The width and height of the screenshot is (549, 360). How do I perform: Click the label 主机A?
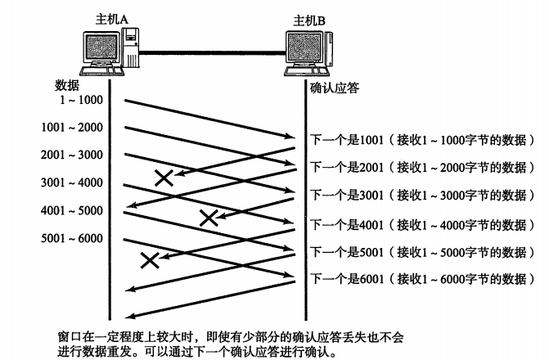point(112,20)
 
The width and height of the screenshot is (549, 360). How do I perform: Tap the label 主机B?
point(308,21)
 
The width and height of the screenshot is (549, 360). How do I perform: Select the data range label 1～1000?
point(81,100)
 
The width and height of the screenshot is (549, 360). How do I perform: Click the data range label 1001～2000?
point(72,127)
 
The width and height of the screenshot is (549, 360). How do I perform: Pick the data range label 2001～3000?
point(72,155)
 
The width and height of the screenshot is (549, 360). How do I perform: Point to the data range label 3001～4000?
point(72,182)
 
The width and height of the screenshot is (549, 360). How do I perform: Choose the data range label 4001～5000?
point(72,210)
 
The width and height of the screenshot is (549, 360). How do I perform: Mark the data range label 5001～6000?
point(72,238)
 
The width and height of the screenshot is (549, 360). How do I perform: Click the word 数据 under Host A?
point(67,85)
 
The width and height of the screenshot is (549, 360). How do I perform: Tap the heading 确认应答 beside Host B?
point(335,88)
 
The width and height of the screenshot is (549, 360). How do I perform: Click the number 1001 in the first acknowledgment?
point(371,140)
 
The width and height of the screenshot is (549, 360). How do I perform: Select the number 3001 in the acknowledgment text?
point(371,195)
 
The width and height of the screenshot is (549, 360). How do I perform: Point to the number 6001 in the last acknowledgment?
point(371,279)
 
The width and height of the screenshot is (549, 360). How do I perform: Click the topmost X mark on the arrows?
point(164,178)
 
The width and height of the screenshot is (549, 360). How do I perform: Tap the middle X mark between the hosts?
point(209,218)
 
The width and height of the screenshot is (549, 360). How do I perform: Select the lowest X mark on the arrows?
point(150,260)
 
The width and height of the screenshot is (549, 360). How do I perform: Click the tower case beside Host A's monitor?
point(131,47)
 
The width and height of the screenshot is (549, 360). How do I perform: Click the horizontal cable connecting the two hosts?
point(212,53)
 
